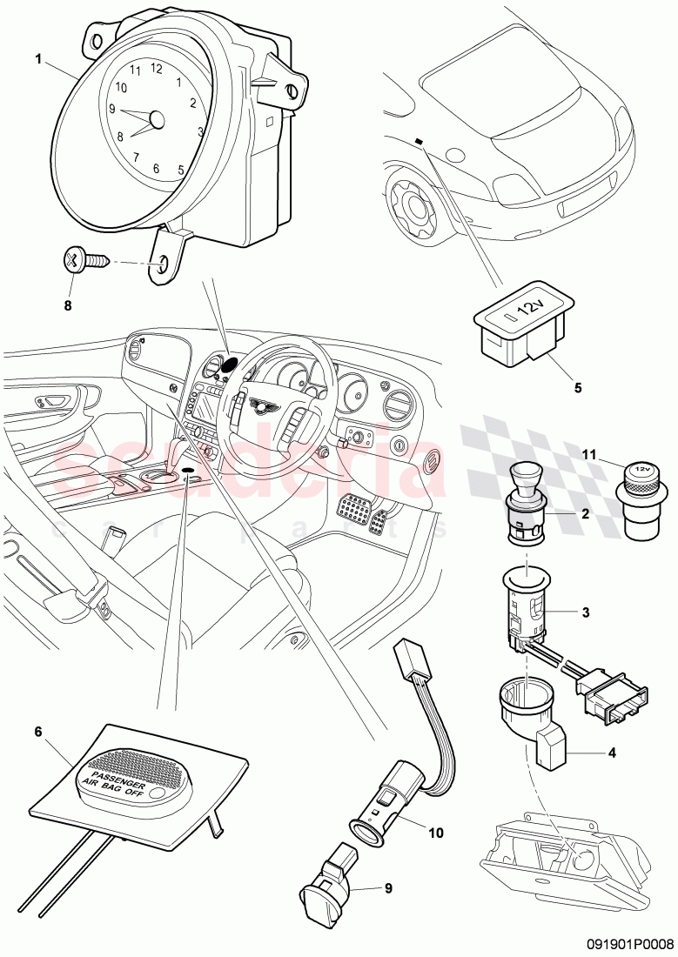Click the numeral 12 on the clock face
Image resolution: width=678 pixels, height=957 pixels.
pyautogui.click(x=157, y=68)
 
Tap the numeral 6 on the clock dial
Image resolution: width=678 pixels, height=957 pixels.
pyautogui.click(x=156, y=169)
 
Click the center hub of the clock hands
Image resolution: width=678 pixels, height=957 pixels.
pyautogui.click(x=157, y=119)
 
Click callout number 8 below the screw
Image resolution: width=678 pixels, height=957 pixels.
pyautogui.click(x=67, y=305)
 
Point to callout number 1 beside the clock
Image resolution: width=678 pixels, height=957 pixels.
pyautogui.click(x=38, y=58)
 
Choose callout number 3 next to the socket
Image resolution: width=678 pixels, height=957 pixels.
pyautogui.click(x=586, y=612)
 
